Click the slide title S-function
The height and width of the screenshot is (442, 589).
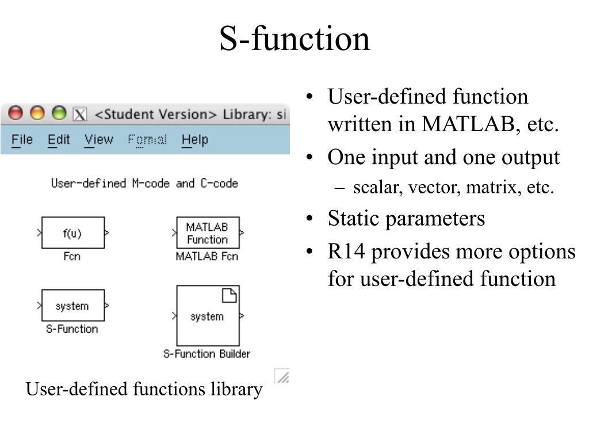point(294,39)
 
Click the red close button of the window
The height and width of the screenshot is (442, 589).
point(16,113)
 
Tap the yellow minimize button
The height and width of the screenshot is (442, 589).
point(37,113)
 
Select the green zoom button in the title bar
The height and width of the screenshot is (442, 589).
point(59,113)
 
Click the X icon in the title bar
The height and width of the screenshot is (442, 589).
point(79,114)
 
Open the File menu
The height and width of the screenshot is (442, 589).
point(22,140)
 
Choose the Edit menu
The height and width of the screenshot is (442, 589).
point(59,140)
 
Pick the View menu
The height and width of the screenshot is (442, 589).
point(98,140)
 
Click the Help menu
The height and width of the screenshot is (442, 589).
point(194,140)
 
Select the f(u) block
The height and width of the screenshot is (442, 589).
point(72,233)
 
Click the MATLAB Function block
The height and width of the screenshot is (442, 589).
point(207,233)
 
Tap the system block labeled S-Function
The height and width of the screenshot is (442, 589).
point(72,306)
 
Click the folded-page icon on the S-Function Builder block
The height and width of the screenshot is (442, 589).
point(230,296)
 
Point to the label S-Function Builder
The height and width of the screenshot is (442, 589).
point(206,354)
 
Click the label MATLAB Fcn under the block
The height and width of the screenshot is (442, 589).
point(206,256)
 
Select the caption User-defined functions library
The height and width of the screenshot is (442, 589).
point(144,390)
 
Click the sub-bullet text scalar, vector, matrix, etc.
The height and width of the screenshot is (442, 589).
point(453,188)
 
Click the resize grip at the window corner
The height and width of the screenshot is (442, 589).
point(282,376)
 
